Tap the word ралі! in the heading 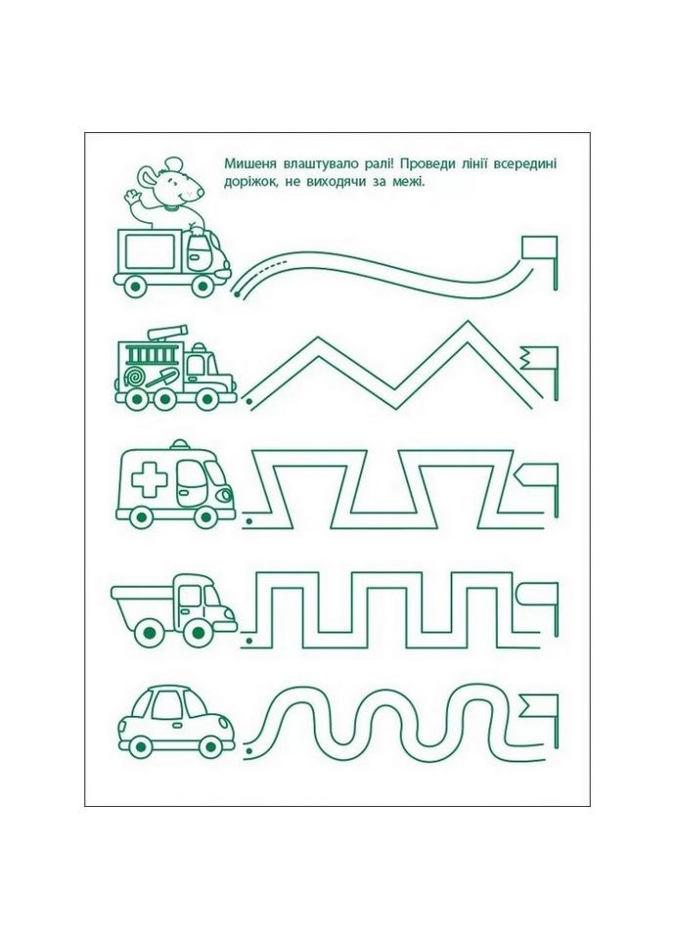coord(376,164)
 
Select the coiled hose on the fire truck coord(133,378)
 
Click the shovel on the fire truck coord(160,378)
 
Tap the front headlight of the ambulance coord(225,495)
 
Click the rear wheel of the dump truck coord(148,633)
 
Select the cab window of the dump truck coord(190,596)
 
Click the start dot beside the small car coord(247,750)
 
